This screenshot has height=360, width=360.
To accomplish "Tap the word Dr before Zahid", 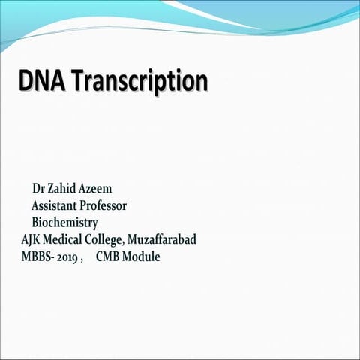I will pos(39,187).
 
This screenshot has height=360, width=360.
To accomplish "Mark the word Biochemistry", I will pos(64,223).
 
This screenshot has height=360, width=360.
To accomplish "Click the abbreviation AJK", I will pos(32,240).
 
